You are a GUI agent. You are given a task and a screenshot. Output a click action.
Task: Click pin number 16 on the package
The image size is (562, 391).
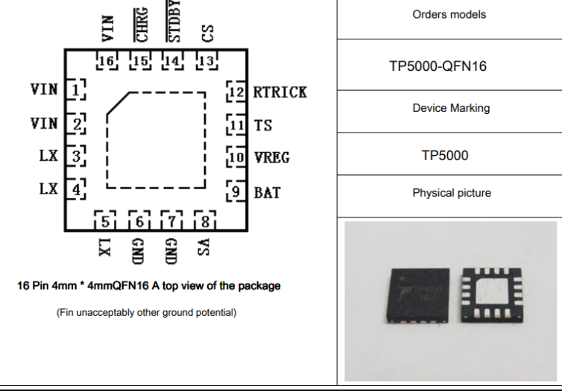pyautogui.click(x=107, y=61)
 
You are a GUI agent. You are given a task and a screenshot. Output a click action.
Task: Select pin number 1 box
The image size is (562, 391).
pyautogui.click(x=76, y=89)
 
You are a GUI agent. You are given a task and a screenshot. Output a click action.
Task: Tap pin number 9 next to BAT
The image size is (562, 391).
pyautogui.click(x=236, y=191)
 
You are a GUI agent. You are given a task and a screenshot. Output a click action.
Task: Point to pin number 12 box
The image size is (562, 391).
pyautogui.click(x=236, y=92)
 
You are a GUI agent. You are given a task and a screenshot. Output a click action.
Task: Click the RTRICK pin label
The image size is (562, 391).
pyautogui.click(x=280, y=92)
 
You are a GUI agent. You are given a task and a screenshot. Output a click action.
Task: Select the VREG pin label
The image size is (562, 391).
pyautogui.click(x=271, y=158)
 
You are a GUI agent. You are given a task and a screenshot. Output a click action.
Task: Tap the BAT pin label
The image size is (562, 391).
pyautogui.click(x=267, y=193)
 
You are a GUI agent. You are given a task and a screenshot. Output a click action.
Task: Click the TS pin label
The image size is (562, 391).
pyautogui.click(x=262, y=125)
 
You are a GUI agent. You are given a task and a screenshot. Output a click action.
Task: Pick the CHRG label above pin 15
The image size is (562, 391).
pyautogui.click(x=141, y=25)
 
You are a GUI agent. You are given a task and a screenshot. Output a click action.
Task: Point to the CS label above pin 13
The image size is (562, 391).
pyautogui.click(x=208, y=34)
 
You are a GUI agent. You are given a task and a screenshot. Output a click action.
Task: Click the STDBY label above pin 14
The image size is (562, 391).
pyautogui.click(x=174, y=21)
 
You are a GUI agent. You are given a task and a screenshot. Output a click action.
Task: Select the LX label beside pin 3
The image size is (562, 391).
pyautogui.click(x=48, y=156)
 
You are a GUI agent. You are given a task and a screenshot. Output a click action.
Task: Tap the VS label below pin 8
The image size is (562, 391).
pyautogui.click(x=203, y=247)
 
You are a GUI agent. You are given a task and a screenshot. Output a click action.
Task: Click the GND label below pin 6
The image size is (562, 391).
pyautogui.click(x=139, y=252)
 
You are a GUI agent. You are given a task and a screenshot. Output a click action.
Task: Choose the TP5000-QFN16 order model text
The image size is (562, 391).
pyautogui.click(x=438, y=66)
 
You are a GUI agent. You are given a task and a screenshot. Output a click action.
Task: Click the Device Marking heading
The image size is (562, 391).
pyautogui.click(x=451, y=108)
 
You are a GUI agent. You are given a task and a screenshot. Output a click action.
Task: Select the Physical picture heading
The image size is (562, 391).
pyautogui.click(x=452, y=193)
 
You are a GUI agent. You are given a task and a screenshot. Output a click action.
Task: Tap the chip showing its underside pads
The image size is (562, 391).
pyautogui.click(x=492, y=295)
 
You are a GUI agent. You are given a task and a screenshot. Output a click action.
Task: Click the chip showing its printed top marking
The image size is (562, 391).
pyautogui.click(x=418, y=296)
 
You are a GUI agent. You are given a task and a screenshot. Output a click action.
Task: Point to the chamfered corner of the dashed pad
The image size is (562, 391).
pyautogui.click(x=118, y=104)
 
